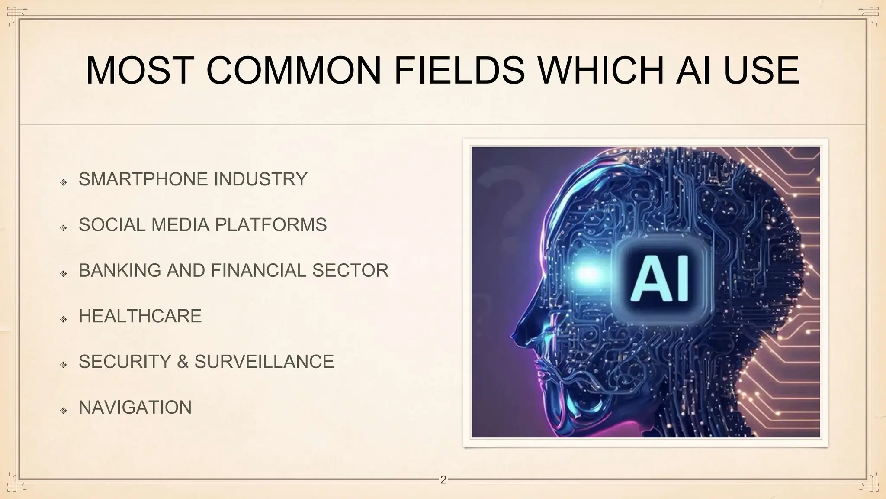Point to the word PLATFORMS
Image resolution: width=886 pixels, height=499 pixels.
coord(271,225)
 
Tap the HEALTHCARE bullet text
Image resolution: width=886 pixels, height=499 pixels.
coord(140,316)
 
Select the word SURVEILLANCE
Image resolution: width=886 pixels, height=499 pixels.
coord(264,362)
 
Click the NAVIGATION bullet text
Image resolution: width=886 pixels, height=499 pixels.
coord(135,407)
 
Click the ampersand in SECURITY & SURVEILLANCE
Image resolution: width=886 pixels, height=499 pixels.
coord(183,362)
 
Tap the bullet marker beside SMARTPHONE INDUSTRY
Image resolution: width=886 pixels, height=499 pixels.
coord(64,183)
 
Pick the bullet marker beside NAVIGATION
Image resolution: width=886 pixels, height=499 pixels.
coord(64,411)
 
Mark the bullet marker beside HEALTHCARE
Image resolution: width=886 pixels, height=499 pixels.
coord(64,320)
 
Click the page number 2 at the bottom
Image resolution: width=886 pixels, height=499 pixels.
coord(443,480)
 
